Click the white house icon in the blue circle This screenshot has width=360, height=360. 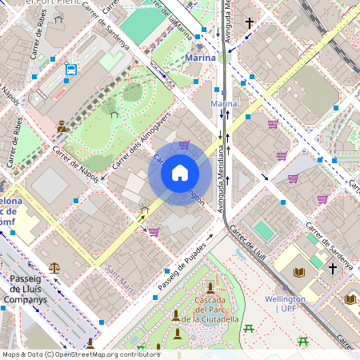pos(180,173)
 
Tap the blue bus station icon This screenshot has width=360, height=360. pos(70,70)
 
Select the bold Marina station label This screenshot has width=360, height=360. pos(200,58)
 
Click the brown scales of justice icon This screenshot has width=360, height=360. pos(54,269)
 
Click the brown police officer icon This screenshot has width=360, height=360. pos(62,126)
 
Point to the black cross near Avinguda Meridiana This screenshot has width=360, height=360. pos(249,23)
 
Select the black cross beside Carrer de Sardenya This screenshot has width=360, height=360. pos(332,269)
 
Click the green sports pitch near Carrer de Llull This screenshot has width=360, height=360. pos(263,230)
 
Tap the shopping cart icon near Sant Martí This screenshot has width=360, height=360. pos(153,232)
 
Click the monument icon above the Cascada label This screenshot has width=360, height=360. pos(210,287)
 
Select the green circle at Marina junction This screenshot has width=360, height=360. pos(223,57)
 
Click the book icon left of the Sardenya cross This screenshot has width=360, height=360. pos(299,273)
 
